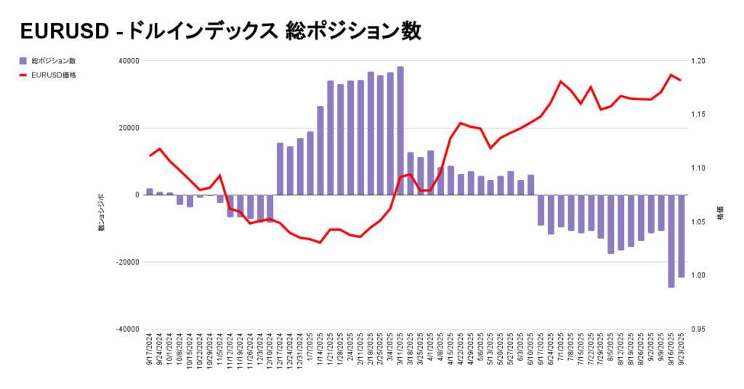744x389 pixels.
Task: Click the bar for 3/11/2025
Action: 400,131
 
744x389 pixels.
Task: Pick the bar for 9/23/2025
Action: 682,236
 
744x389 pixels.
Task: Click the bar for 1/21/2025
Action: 331,138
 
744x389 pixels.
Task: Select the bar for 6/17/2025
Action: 541,210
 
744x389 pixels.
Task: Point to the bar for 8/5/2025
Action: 611,224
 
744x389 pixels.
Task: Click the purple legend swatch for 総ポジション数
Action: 23,61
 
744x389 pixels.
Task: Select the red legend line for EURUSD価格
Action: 23,74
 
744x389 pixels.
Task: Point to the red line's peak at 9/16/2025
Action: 671,75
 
